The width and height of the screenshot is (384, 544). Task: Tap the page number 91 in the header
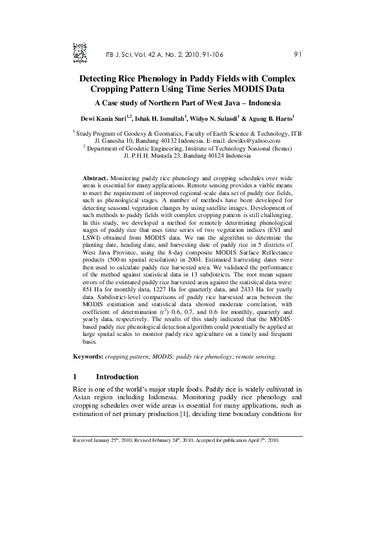click(298, 54)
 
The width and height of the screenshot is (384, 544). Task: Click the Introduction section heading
click(117, 377)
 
